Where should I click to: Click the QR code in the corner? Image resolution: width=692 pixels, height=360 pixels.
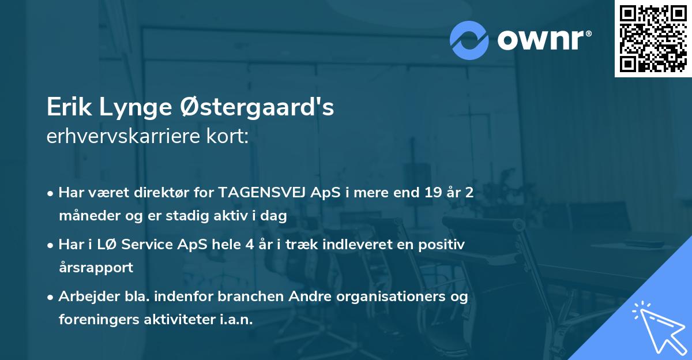click(653, 39)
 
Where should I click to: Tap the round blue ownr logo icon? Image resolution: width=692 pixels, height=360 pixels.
click(469, 40)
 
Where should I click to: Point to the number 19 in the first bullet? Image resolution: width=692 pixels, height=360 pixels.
click(431, 193)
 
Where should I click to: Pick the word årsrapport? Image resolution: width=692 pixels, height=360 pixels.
click(96, 268)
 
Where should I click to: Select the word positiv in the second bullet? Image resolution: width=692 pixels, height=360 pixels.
click(443, 245)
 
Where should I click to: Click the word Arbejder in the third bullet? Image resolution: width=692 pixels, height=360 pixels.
click(85, 297)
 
